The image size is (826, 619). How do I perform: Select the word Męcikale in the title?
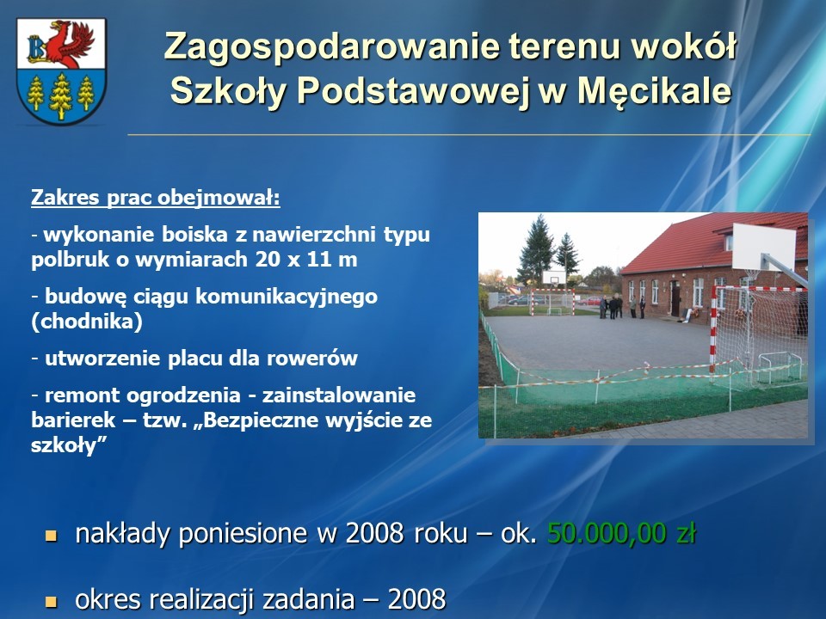click(x=655, y=91)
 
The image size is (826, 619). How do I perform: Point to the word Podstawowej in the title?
click(x=412, y=91)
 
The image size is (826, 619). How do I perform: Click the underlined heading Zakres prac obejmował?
click(x=156, y=198)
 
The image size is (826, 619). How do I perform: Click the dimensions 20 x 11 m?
click(x=306, y=259)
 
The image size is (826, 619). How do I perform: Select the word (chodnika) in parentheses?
click(x=87, y=321)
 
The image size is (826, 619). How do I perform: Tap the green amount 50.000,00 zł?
click(x=621, y=533)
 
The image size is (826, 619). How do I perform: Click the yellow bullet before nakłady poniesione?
click(x=51, y=536)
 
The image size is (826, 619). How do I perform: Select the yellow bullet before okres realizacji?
click(x=51, y=602)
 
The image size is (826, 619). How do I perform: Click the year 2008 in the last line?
click(x=416, y=599)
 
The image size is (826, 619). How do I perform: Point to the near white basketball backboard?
click(x=764, y=247)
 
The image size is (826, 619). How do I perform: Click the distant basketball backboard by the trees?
click(x=554, y=277)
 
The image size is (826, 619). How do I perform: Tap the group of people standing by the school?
click(x=621, y=307)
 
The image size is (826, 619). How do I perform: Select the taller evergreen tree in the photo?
click(x=536, y=249)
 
